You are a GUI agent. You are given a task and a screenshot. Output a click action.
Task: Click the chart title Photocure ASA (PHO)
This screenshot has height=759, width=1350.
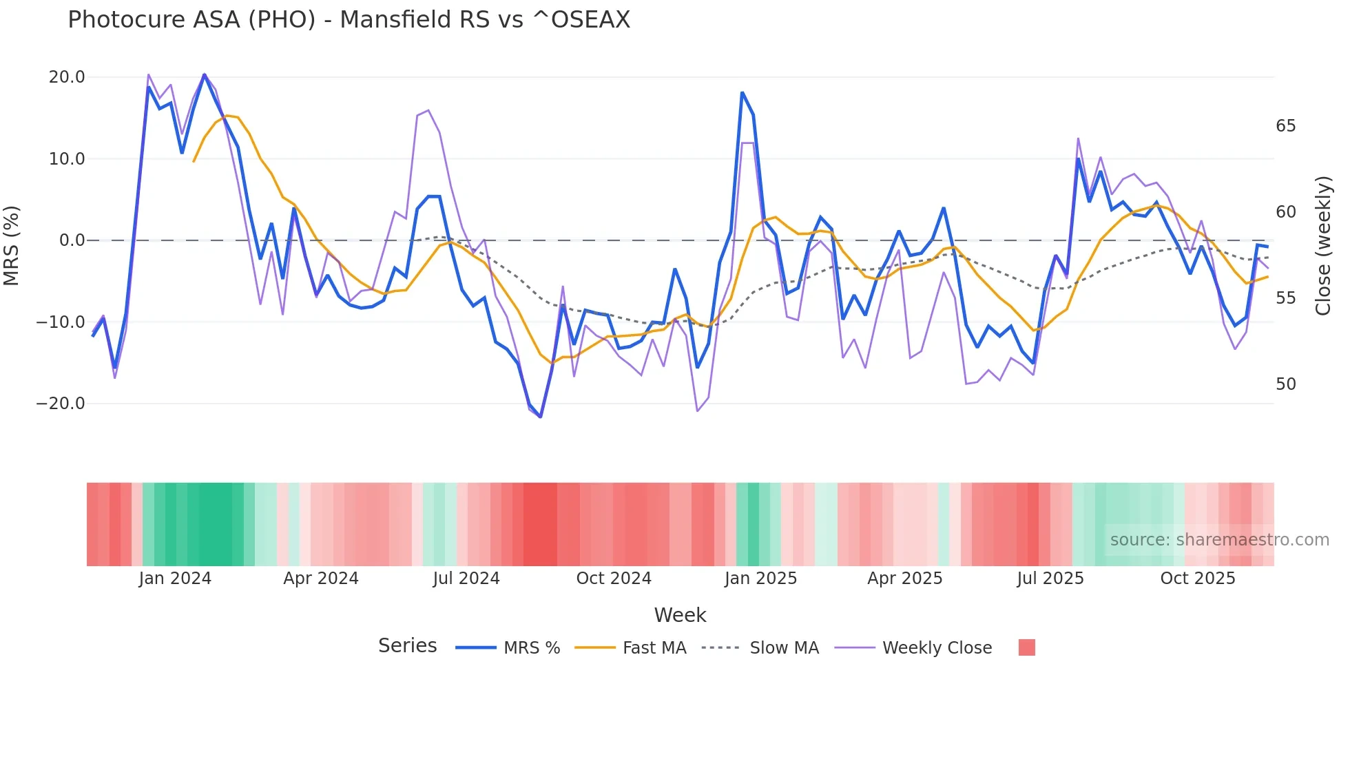(x=349, y=20)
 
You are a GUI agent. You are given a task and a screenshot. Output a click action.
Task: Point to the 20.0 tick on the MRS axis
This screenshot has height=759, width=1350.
(x=67, y=77)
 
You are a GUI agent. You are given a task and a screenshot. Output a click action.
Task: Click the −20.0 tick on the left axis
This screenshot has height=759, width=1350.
(x=61, y=404)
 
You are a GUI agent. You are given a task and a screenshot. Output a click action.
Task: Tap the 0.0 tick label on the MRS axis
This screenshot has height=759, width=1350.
(x=72, y=240)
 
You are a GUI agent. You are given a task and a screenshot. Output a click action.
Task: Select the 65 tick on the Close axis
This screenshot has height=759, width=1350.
(x=1285, y=126)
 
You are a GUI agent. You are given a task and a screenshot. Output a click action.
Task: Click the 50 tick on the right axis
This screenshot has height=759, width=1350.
(x=1285, y=384)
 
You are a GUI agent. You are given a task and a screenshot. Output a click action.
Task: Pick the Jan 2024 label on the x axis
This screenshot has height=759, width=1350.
(x=175, y=579)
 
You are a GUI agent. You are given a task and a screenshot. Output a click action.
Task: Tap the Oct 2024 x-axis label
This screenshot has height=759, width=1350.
(x=614, y=579)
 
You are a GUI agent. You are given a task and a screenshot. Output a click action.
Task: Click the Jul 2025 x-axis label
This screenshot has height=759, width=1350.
(x=1050, y=579)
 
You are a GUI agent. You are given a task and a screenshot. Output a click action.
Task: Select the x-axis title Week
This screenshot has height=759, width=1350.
(x=680, y=615)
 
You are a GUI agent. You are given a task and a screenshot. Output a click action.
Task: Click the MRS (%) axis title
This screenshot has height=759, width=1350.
(x=12, y=246)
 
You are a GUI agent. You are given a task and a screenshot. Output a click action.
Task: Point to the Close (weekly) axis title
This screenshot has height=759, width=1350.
(x=1323, y=246)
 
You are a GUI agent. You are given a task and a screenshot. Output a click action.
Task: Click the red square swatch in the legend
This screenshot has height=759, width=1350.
(x=1026, y=647)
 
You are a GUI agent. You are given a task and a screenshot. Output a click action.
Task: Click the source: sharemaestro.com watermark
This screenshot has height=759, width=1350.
(x=1219, y=540)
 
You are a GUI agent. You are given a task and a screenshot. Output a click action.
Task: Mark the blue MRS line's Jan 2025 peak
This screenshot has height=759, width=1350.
(x=742, y=92)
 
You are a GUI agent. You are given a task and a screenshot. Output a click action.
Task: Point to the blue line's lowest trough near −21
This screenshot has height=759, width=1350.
(x=541, y=417)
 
